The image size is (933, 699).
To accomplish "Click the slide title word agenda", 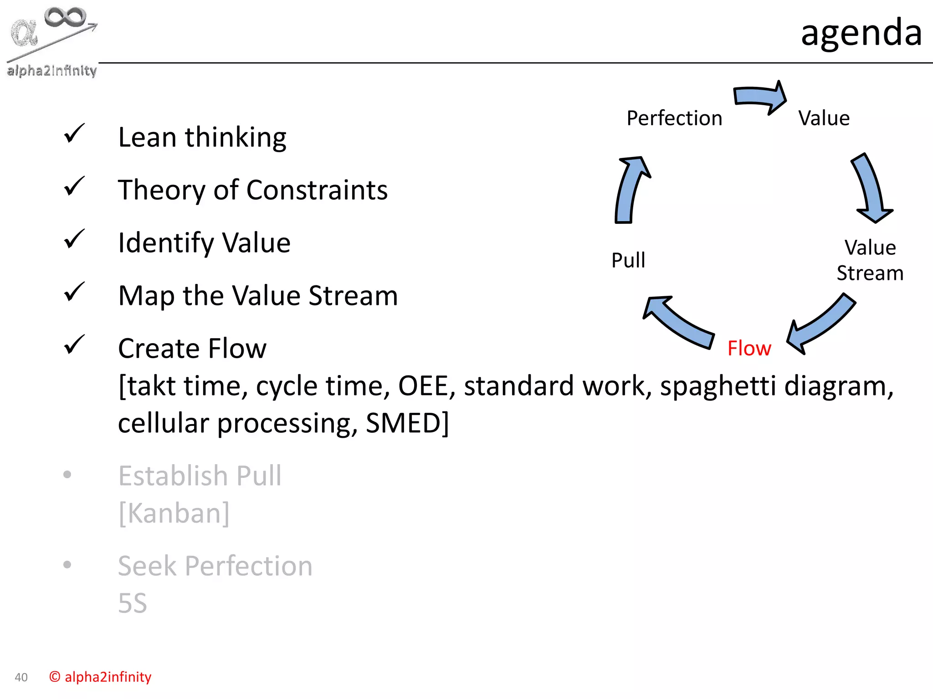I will click(861, 33).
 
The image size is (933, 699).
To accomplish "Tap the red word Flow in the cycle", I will click(749, 349).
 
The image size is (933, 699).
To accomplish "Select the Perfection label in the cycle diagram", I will click(674, 118).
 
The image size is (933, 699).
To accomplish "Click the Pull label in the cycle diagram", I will click(628, 260).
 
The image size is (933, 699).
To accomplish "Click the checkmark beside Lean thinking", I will click(74, 133).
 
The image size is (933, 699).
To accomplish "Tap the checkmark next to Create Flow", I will click(74, 344).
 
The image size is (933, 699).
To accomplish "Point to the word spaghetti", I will click(718, 386).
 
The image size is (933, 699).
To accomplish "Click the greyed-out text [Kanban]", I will click(174, 513).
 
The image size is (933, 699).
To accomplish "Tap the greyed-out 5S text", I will click(133, 603).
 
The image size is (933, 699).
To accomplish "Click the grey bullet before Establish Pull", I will click(67, 475).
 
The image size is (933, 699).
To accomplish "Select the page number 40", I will click(21, 677).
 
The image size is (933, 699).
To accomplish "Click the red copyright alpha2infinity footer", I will click(100, 677).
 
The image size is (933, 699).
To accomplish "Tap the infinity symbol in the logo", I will click(65, 17).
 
